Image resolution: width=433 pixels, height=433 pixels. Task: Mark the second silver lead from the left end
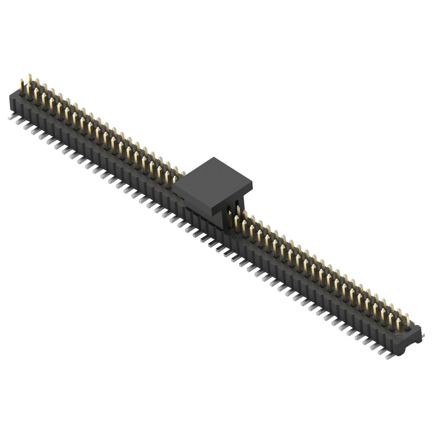pos(20,122)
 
